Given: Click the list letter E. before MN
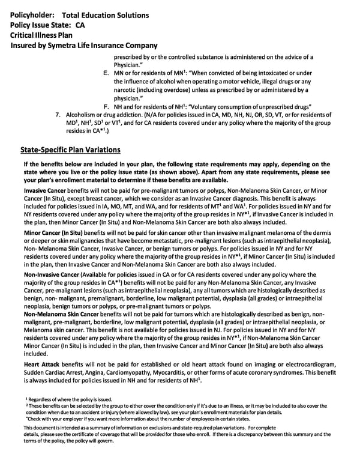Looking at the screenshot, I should pyautogui.click(x=106, y=73).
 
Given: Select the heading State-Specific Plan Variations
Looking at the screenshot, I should pyautogui.click(x=70, y=150).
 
